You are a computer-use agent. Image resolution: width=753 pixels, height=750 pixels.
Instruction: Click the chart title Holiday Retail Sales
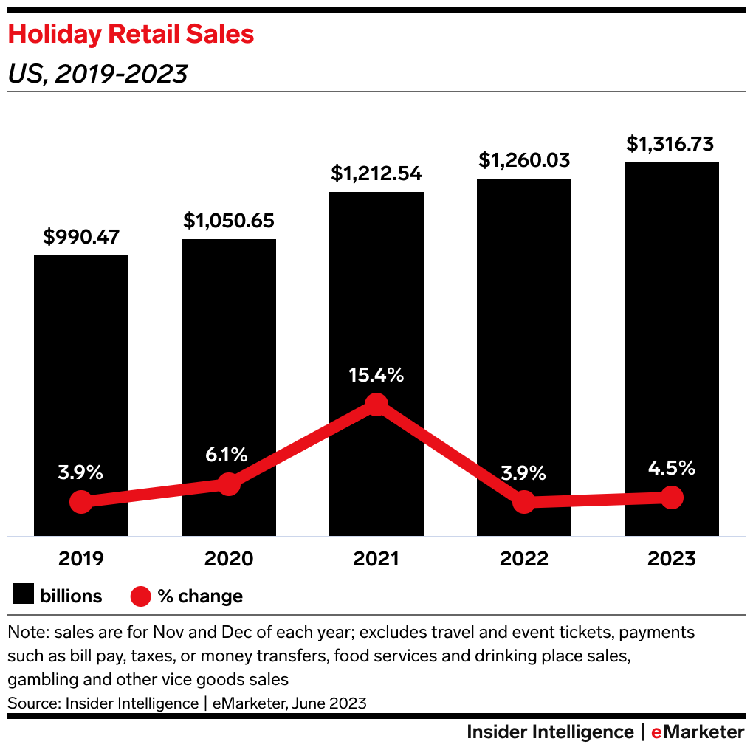(x=131, y=34)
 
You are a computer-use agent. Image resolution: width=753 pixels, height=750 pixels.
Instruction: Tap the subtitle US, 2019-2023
(x=97, y=74)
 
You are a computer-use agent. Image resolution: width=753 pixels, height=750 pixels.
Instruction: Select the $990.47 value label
(x=81, y=237)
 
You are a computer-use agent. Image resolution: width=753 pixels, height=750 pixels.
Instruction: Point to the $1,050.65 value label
(x=229, y=220)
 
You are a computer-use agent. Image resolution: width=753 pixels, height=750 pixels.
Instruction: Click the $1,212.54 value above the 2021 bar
(x=376, y=173)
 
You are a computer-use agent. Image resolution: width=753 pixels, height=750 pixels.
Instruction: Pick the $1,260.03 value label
(x=524, y=159)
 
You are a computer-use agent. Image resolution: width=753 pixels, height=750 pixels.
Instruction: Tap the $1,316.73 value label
(x=672, y=144)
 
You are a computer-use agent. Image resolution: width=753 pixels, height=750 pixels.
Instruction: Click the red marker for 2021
(x=376, y=405)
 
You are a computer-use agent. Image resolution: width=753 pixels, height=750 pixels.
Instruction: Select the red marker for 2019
(x=81, y=503)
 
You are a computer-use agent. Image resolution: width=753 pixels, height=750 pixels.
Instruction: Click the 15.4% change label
(x=376, y=375)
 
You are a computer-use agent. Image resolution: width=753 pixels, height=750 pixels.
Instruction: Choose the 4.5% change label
(x=672, y=468)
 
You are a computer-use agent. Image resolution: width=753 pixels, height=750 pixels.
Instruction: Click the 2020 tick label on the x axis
(x=229, y=559)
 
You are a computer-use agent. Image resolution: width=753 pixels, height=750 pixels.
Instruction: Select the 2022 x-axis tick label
(x=524, y=559)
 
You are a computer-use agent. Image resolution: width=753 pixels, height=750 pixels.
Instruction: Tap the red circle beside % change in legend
(x=140, y=596)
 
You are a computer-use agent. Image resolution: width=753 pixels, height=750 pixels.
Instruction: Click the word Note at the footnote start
(x=24, y=633)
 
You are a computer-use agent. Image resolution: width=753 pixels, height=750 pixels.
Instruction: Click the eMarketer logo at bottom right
(x=698, y=732)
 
